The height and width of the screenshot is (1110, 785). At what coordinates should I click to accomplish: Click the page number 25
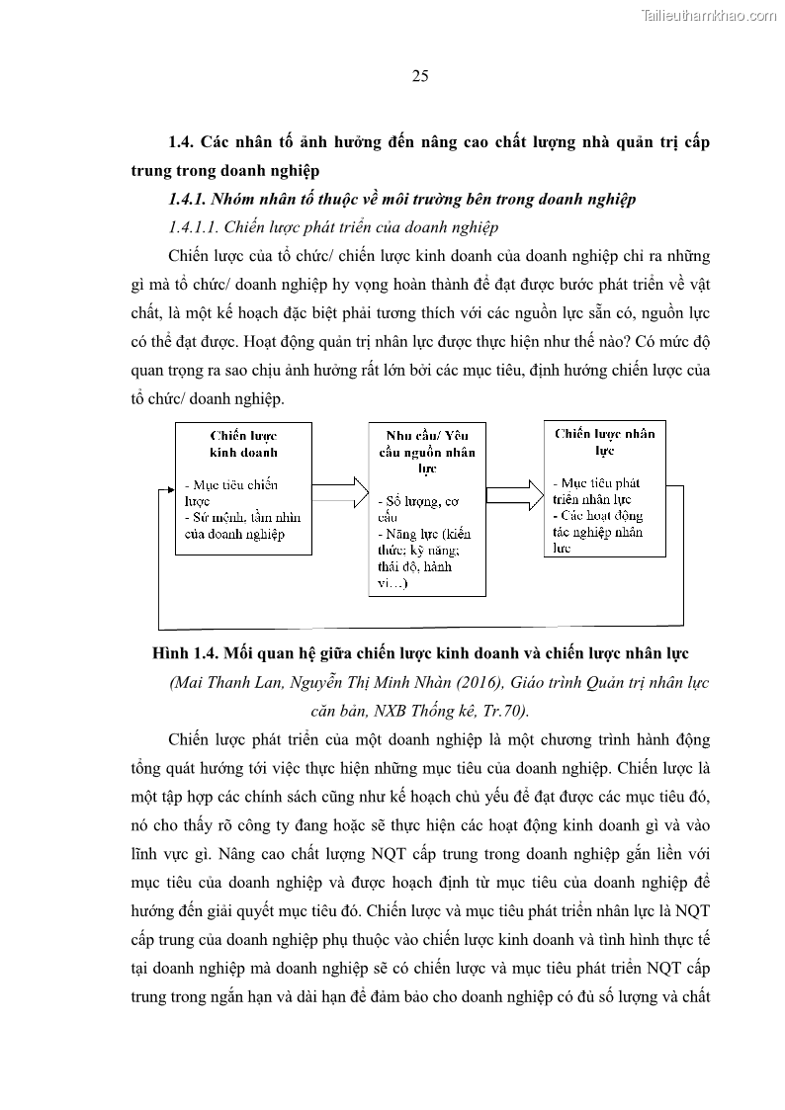[419, 76]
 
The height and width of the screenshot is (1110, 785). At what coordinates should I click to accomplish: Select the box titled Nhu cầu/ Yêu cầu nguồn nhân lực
[427, 511]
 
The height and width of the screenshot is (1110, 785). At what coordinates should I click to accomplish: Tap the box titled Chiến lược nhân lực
[603, 488]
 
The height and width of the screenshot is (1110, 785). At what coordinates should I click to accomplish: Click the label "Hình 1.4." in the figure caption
[185, 653]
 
